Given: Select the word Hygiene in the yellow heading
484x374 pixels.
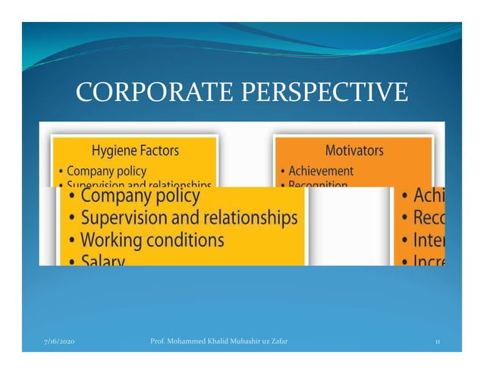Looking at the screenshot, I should [x=115, y=149].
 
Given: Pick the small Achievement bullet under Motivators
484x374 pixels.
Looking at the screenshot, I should [x=321, y=171].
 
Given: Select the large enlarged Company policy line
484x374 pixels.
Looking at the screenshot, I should [x=140, y=196].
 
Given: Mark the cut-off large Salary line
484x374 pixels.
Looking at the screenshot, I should [x=102, y=260].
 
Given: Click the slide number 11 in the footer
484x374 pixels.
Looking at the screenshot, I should [x=438, y=343].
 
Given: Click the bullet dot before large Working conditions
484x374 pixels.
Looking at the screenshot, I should [x=71, y=241].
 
